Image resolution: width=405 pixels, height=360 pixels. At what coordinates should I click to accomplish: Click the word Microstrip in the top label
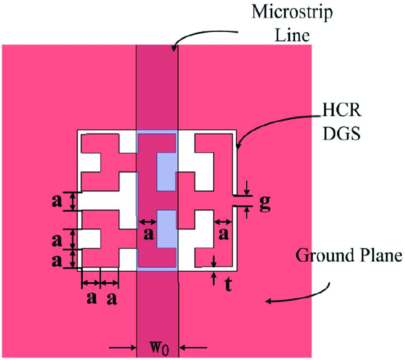(292, 12)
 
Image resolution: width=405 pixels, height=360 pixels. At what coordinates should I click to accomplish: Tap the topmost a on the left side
(57, 201)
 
